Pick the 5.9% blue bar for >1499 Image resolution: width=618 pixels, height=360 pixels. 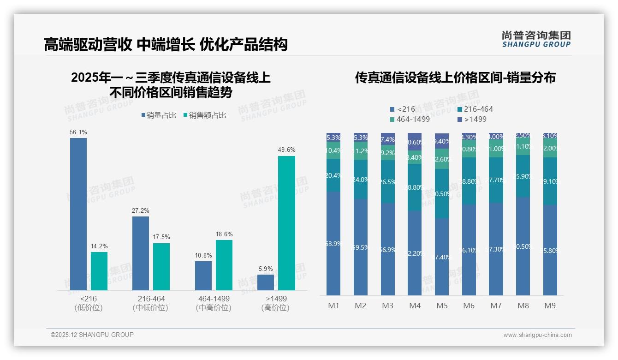coord(266,282)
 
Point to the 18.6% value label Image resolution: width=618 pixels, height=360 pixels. coord(224,234)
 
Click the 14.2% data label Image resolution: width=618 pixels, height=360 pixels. coord(99,246)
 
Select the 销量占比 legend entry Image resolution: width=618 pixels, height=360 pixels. coord(159,115)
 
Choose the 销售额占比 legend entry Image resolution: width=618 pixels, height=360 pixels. coord(205,115)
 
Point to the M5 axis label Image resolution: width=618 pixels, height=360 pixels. coord(442,306)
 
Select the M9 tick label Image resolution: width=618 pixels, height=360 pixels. coord(550,306)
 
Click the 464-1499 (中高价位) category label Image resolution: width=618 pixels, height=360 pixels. coord(214,303)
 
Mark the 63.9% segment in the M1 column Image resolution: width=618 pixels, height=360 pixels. coord(333,243)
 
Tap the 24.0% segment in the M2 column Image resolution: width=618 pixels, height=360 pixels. coord(361,180)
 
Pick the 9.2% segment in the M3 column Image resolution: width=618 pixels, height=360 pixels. coord(388,153)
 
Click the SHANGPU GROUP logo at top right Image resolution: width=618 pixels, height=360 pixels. coord(536,39)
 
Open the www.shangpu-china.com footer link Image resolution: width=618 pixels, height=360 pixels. coord(537,335)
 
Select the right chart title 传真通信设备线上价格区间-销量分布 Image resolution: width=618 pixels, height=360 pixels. coord(455,78)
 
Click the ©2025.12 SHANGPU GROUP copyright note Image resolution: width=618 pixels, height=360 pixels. coord(92,335)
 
